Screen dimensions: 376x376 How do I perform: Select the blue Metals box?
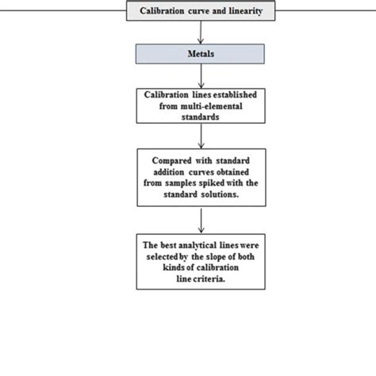[200, 53]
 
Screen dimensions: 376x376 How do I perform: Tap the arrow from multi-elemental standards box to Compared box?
[200, 135]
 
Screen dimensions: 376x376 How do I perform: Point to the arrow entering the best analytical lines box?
[200, 218]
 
